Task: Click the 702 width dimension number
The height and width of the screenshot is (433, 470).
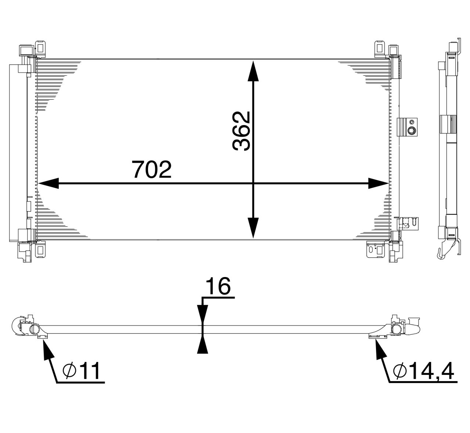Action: pos(152,169)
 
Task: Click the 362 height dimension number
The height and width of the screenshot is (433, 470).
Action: pos(242,131)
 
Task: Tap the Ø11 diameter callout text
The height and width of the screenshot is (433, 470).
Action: pos(82,371)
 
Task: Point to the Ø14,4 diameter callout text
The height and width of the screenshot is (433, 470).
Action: pos(423,371)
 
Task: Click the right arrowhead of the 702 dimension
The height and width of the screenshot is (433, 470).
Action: pos(378,183)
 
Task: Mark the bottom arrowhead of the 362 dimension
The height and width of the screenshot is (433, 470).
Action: pos(253,227)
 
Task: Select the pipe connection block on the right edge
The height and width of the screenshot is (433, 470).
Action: pos(408,127)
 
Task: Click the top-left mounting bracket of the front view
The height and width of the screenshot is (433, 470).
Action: pos(40,48)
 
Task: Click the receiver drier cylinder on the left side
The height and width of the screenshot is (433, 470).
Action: pos(18,153)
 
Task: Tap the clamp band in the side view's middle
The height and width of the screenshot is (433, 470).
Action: pos(448,124)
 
